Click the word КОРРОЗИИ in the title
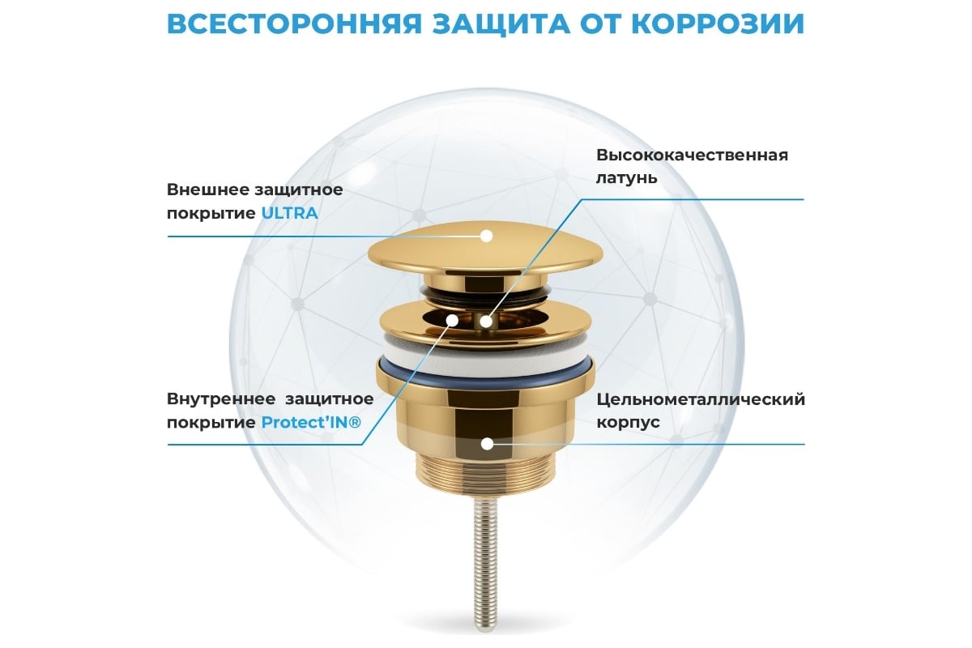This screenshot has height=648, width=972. tap(721, 23)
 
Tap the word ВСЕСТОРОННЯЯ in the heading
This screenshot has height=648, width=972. tap(294, 23)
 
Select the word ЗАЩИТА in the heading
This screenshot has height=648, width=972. tap(501, 24)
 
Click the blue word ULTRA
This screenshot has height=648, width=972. tap(289, 213)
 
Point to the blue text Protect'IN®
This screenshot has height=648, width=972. tap(311, 422)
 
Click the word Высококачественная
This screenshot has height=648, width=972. tap(692, 155)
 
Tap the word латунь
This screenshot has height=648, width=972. tap(627, 178)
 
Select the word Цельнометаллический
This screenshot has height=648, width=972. tap(701, 399)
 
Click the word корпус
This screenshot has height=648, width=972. tap(628, 422)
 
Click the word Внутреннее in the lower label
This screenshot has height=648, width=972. tap(221, 399)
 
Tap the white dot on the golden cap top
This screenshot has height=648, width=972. tap(487, 236)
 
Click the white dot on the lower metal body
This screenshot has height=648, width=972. tap(488, 444)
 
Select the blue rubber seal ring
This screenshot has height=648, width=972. tap(485, 376)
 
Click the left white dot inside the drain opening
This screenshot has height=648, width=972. tap(453, 320)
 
